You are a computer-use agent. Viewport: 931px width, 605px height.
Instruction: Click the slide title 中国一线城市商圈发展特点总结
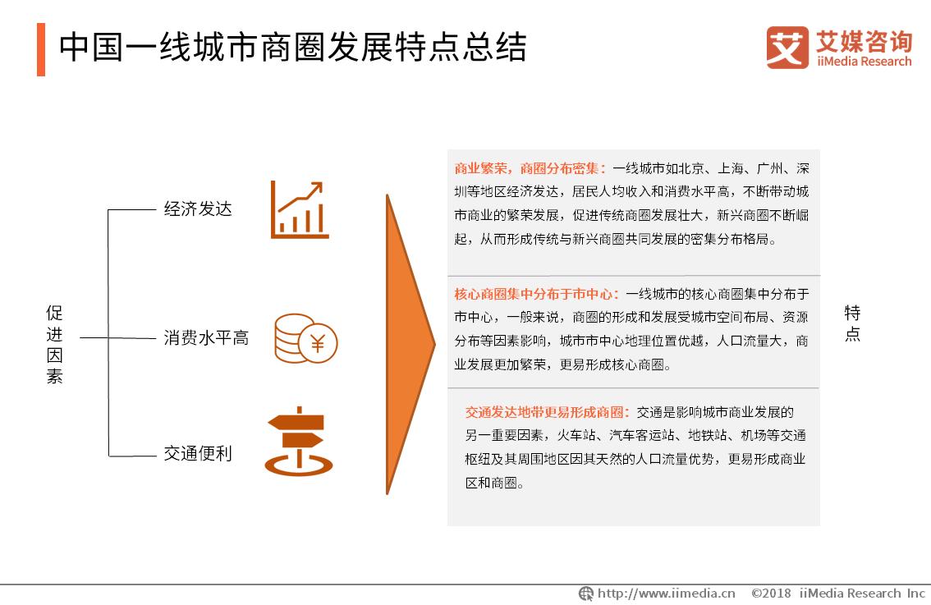292,48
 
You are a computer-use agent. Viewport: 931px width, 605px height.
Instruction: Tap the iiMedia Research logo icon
787,48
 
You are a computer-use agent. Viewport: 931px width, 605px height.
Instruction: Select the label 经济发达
198,209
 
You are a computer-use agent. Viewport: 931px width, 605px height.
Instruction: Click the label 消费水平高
206,337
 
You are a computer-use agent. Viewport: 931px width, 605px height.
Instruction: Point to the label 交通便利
198,453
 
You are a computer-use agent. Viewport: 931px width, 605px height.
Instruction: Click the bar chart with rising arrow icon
300,210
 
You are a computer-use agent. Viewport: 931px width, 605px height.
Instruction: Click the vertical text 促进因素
54,345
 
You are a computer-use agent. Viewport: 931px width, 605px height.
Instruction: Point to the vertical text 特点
853,323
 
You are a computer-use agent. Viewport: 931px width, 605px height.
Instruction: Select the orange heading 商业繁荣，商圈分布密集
530,169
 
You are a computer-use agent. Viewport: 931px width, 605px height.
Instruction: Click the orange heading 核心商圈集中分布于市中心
538,294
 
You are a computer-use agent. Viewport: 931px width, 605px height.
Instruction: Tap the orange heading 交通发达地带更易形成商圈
548,412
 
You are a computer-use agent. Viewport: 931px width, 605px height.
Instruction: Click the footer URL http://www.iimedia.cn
666,593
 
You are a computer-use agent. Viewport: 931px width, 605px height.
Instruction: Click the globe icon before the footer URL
586,593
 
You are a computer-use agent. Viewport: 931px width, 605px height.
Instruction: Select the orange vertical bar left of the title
41,49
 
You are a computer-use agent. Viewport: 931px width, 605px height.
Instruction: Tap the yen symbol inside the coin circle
318,344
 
